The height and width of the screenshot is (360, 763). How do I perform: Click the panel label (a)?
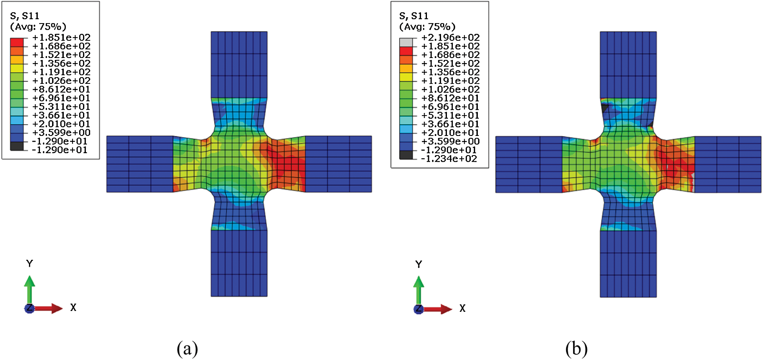[x=187, y=348]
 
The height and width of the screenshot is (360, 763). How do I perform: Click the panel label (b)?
[x=576, y=348]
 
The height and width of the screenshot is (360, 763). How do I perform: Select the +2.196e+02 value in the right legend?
[x=450, y=38]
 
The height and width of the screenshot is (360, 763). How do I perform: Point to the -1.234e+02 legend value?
[x=449, y=159]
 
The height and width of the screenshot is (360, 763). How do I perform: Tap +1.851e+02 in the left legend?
[x=61, y=38]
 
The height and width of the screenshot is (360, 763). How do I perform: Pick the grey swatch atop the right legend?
[x=406, y=42]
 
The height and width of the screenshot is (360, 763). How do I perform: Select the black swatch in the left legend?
[x=17, y=146]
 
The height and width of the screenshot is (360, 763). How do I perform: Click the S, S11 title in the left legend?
[x=25, y=16]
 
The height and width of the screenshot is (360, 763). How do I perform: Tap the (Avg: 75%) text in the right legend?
[x=427, y=27]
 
